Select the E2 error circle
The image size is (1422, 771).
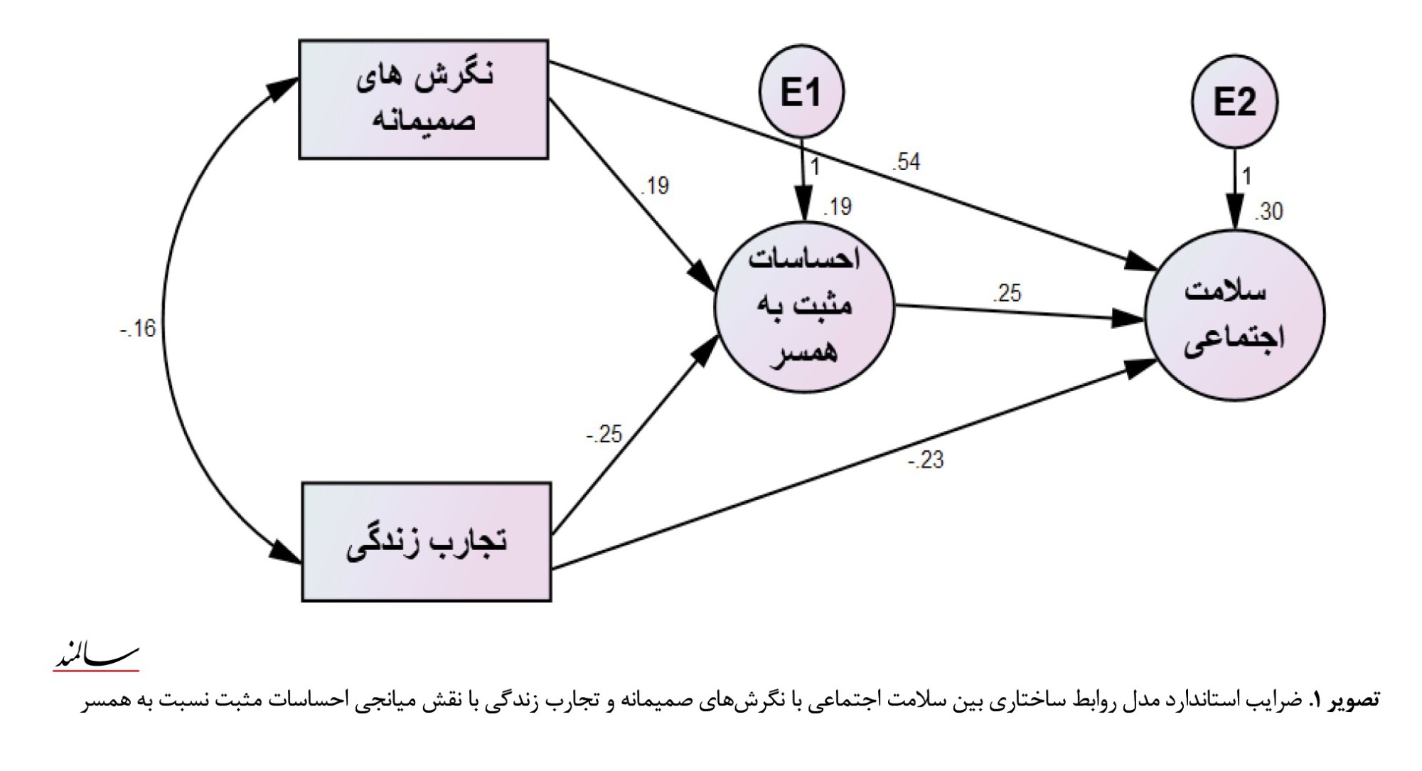pyautogui.click(x=1234, y=103)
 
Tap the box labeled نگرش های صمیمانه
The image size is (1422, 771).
pyautogui.click(x=423, y=99)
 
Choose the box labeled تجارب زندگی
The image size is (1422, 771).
pyautogui.click(x=427, y=542)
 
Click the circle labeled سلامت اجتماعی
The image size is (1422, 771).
pyautogui.click(x=1235, y=315)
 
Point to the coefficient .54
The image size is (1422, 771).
pyautogui.click(x=907, y=163)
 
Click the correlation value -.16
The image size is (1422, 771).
pyautogui.click(x=138, y=329)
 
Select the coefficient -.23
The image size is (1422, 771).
pyautogui.click(x=925, y=461)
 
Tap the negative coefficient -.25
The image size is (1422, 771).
pyautogui.click(x=604, y=434)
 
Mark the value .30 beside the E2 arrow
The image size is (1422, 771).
pyautogui.click(x=1268, y=211)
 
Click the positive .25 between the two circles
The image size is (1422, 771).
pyautogui.click(x=1006, y=292)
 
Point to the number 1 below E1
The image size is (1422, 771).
pyautogui.click(x=816, y=168)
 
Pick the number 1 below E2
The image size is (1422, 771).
pyautogui.click(x=1248, y=176)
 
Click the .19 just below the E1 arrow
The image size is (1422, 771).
pyautogui.click(x=838, y=208)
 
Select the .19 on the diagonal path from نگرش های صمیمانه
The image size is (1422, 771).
pyautogui.click(x=655, y=186)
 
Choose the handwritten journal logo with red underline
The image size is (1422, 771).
pyautogui.click(x=97, y=657)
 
